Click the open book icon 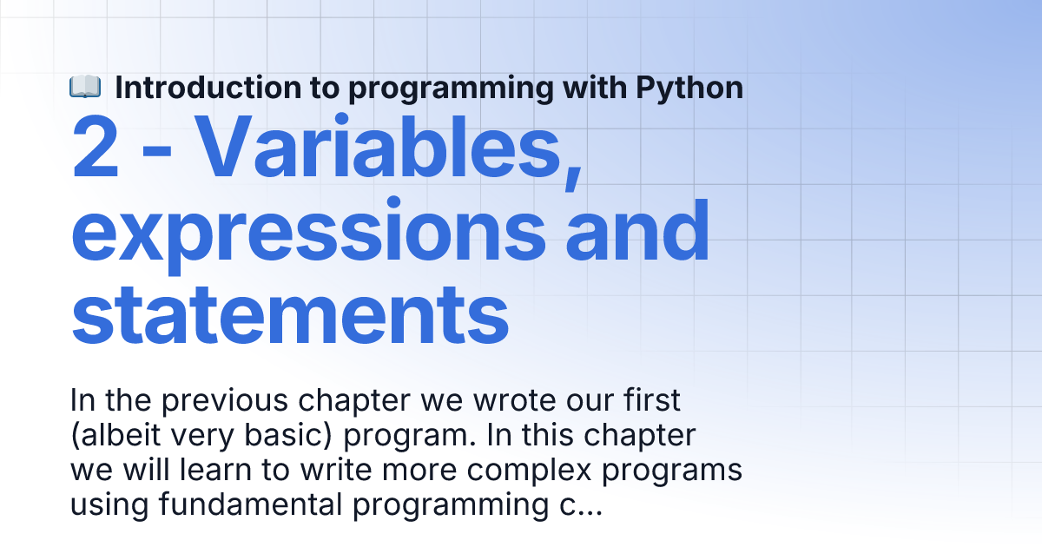(x=85, y=87)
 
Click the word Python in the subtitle (x=689, y=89)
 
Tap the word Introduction (x=208, y=88)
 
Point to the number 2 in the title (x=96, y=148)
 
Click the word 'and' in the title (x=637, y=230)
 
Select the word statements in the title (x=290, y=314)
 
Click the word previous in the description (x=225, y=401)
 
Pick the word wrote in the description (x=514, y=400)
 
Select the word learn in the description (x=215, y=470)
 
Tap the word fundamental (x=251, y=504)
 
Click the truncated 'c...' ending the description (x=581, y=506)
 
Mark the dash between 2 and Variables (x=157, y=151)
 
